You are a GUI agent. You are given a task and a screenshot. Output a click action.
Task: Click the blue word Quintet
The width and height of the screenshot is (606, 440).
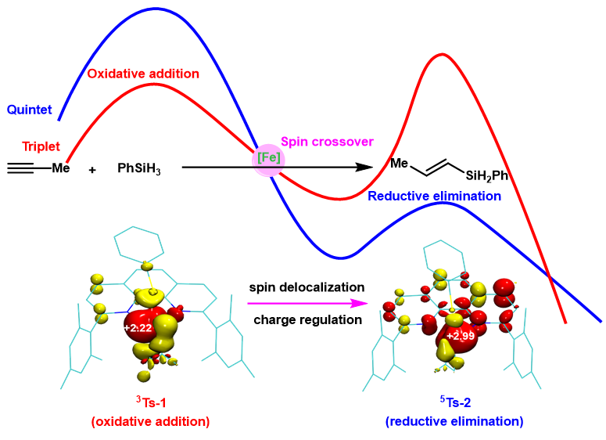(x=30, y=110)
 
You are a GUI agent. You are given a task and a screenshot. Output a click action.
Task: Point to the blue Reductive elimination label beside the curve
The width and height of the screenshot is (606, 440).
(x=434, y=196)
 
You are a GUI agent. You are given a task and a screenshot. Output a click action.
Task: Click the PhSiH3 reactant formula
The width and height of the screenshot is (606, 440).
(x=139, y=168)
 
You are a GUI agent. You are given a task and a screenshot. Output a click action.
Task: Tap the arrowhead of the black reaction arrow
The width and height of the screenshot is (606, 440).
(x=363, y=167)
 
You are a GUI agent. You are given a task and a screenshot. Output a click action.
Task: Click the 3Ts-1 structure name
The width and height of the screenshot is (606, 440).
(x=150, y=404)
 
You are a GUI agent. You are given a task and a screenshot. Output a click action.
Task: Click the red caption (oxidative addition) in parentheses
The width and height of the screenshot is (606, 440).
(x=150, y=421)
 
